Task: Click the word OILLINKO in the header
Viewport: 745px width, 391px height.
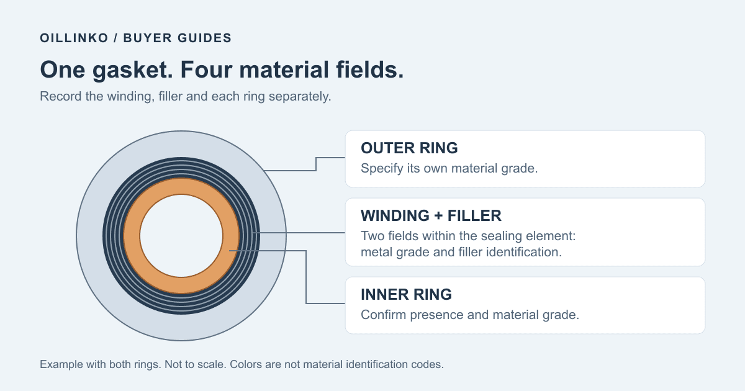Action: pos(74,38)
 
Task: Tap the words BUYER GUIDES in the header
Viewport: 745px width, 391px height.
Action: pos(178,38)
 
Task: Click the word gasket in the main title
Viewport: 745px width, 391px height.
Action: pos(133,70)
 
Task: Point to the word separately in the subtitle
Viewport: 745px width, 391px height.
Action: pos(300,96)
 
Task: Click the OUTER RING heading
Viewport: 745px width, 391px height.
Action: pos(409,148)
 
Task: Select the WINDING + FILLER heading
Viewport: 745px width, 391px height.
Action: pos(431,215)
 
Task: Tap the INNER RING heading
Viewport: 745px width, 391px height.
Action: pos(407,294)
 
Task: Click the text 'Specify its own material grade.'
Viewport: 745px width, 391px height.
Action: pos(449,168)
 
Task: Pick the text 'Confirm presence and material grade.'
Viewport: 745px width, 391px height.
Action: pos(470,315)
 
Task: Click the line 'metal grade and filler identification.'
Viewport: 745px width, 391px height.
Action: pos(461,252)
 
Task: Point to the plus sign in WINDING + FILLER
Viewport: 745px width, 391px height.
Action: pos(438,216)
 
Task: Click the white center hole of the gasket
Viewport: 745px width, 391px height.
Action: pos(181,236)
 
